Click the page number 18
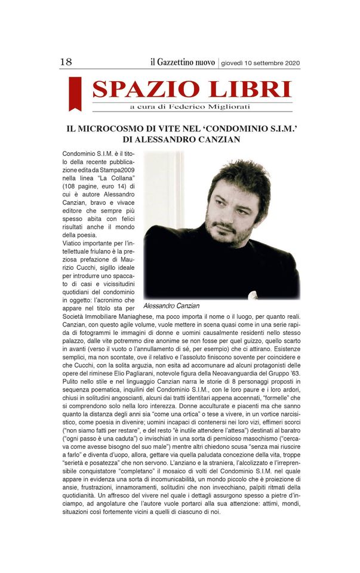tap(66, 62)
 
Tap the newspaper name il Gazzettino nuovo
tap(182, 62)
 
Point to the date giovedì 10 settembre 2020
tap(260, 63)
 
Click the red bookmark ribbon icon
tap(75, 93)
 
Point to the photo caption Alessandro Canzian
tap(171, 306)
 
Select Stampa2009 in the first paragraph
tap(119, 178)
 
